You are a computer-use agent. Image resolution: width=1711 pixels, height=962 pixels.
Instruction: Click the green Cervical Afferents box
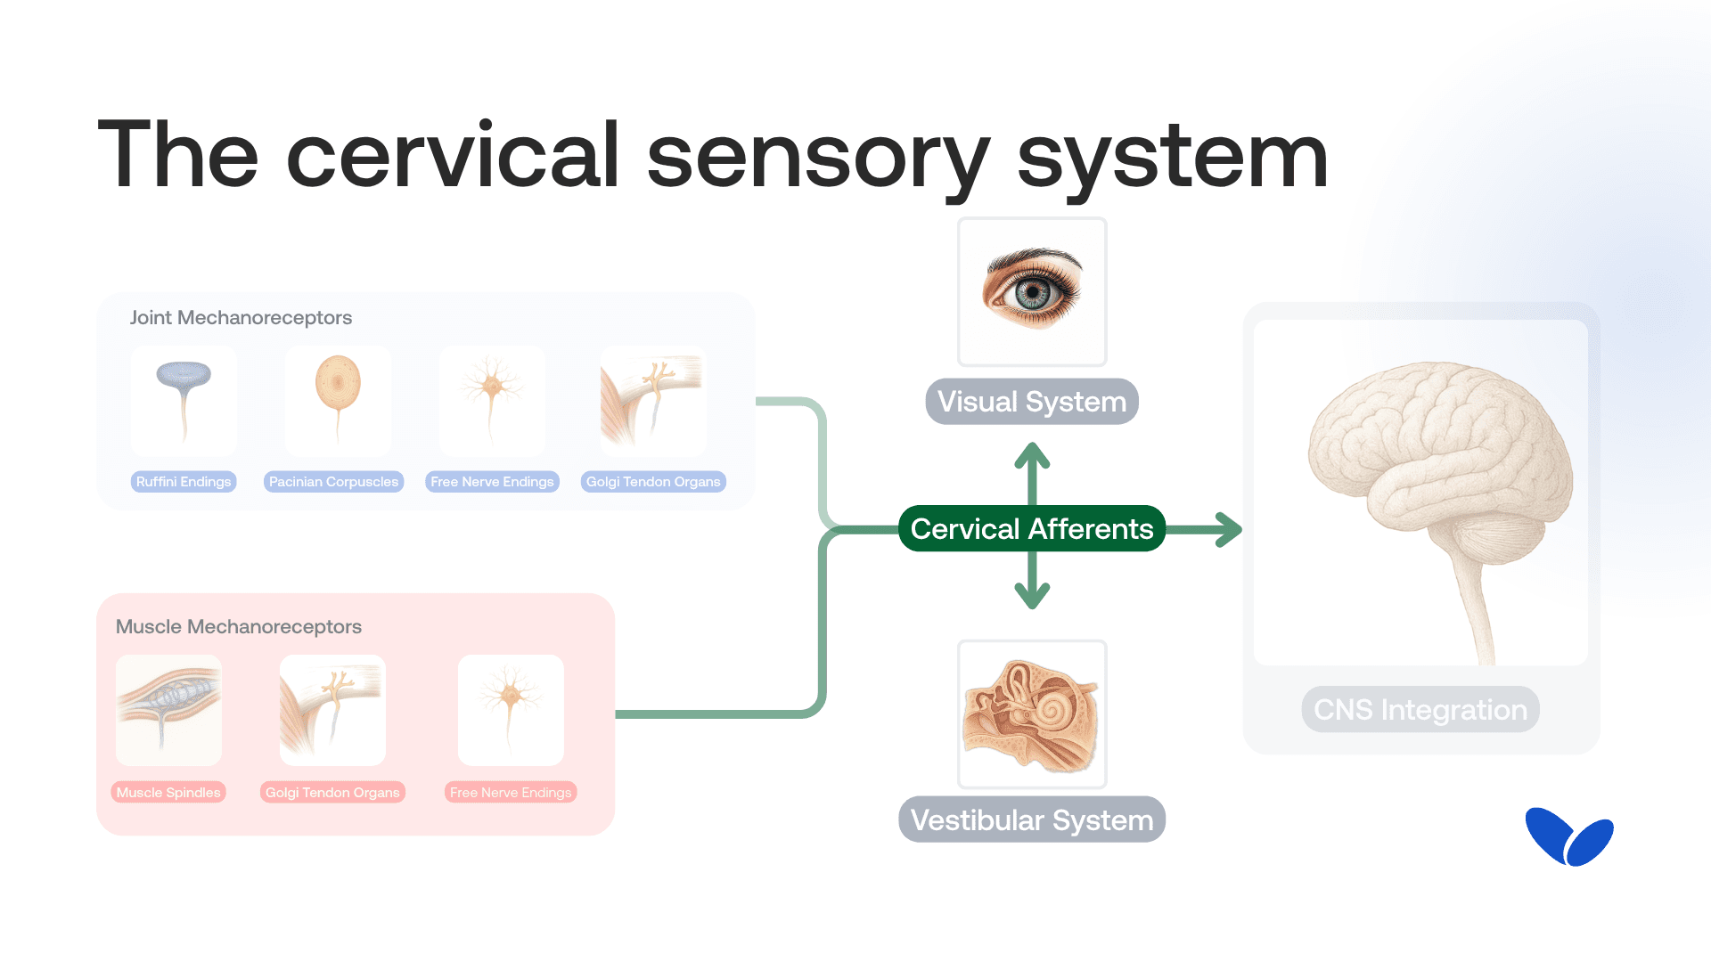click(1032, 529)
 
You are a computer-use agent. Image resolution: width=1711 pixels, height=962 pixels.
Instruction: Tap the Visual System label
click(1032, 402)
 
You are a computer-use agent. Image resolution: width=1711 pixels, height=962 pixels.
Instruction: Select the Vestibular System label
click(1032, 819)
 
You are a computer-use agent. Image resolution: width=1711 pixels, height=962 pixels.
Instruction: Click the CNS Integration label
click(1420, 710)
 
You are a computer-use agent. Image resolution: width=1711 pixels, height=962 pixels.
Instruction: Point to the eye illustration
click(1032, 290)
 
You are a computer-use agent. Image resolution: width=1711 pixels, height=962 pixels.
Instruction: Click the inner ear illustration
click(1032, 714)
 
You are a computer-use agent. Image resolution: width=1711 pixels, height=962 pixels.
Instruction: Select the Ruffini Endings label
click(184, 482)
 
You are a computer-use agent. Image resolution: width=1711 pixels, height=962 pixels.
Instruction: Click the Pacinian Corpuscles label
click(333, 482)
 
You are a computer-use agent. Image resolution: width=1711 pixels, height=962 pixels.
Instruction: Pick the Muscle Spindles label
click(168, 793)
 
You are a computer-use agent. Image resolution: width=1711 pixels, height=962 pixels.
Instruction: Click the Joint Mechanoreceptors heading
click(241, 318)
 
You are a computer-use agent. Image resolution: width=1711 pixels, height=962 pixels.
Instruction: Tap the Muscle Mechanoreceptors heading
click(239, 627)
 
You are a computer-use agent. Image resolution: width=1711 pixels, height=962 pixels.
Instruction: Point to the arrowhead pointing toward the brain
click(1232, 530)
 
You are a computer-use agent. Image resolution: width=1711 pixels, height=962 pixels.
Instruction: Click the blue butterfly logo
click(1568, 837)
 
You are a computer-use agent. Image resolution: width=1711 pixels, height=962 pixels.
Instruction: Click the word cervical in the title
click(452, 156)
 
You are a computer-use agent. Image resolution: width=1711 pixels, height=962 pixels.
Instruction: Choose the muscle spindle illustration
click(168, 709)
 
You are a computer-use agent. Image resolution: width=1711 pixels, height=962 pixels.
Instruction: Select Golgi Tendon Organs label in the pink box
click(332, 793)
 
